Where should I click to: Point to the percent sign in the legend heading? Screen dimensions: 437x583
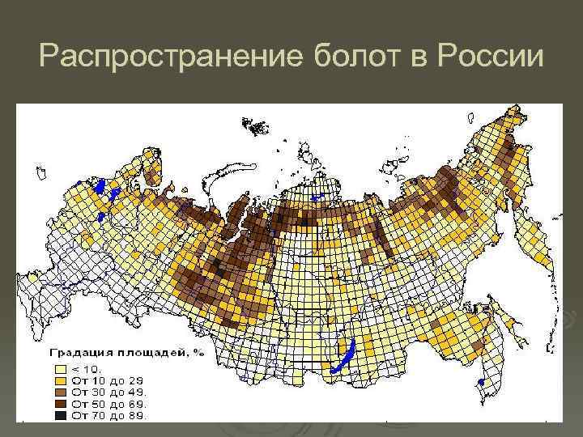(198, 353)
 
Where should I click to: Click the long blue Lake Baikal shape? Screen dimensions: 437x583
(342, 357)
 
